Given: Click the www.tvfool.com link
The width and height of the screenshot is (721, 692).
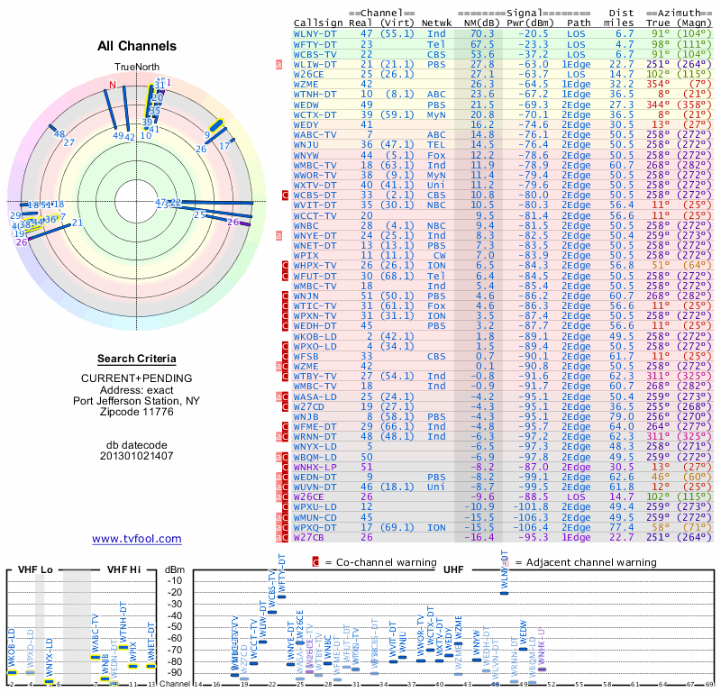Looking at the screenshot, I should (136, 539).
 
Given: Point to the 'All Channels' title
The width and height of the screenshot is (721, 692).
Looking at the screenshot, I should (136, 46).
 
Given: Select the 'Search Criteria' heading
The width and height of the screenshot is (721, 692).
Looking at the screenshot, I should (136, 358).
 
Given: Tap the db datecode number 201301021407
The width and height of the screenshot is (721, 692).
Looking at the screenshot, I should (136, 455).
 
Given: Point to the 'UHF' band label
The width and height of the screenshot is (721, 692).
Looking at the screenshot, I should (454, 569).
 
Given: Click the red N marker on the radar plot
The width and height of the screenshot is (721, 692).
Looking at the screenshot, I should (113, 86).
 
